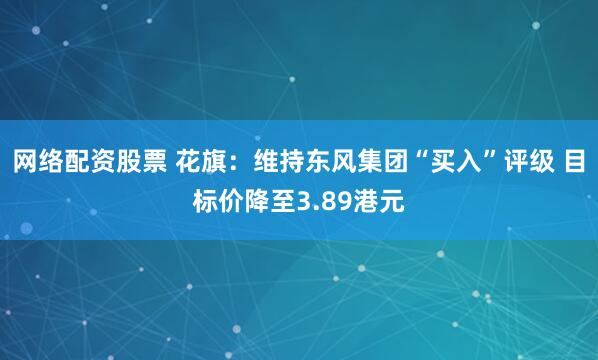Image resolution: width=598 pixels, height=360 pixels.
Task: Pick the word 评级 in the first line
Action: click(x=531, y=163)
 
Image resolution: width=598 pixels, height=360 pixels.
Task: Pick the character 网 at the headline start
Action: click(x=25, y=163)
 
